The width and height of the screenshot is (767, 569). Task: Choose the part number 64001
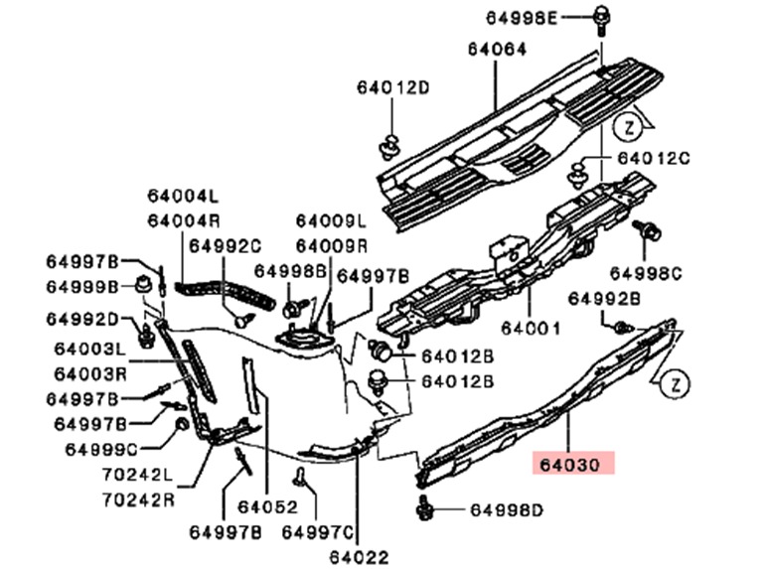(531, 327)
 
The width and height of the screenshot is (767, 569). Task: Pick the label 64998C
(645, 272)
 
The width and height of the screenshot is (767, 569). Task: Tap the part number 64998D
(506, 510)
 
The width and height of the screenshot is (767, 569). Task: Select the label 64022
(360, 557)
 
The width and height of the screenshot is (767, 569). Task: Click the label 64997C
(319, 532)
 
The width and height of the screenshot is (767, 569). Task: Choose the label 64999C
(101, 449)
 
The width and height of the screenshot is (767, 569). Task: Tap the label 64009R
(331, 245)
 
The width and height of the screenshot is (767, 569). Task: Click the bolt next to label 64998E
(602, 17)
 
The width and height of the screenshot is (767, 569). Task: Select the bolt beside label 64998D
(425, 509)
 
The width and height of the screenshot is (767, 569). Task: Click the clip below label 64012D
(388, 146)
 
